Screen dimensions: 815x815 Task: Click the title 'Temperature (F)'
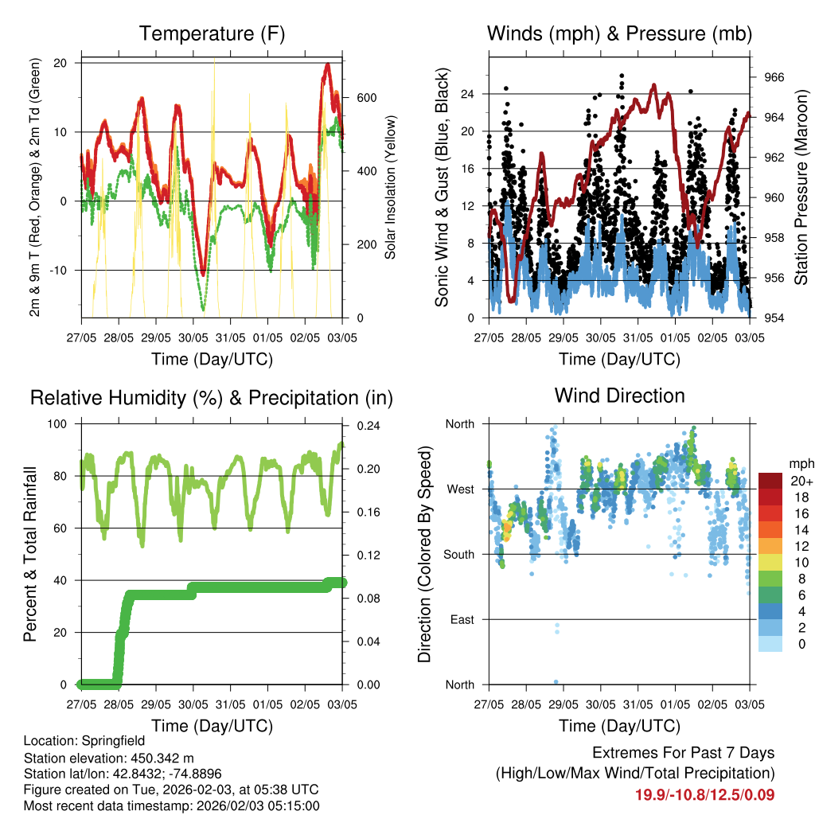click(212, 33)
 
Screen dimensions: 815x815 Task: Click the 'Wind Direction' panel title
click(619, 396)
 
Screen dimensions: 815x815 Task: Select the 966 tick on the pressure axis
click(774, 77)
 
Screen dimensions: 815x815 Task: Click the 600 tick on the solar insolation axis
click(365, 98)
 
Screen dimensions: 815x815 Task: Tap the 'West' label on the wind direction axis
click(459, 489)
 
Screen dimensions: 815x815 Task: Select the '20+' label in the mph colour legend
click(801, 481)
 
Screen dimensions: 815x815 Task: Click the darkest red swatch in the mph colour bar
click(770, 481)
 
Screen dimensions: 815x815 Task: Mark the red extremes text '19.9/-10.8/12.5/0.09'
click(704, 794)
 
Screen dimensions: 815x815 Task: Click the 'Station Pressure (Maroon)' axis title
click(801, 187)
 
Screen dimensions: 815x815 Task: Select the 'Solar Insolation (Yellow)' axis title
click(390, 187)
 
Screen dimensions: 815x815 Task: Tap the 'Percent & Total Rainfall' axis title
click(29, 554)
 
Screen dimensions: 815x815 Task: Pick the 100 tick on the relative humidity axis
click(57, 424)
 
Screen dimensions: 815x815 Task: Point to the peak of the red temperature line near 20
click(328, 65)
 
